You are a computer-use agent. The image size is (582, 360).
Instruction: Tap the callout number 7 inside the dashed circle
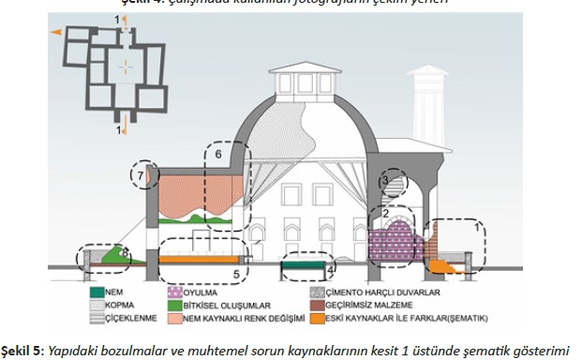pos(141,173)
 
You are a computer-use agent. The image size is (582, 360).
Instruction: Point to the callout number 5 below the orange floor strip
pos(235,274)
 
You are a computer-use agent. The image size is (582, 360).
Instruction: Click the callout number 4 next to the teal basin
pos(330,270)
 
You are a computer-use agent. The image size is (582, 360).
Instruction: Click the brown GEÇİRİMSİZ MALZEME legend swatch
pos(315,304)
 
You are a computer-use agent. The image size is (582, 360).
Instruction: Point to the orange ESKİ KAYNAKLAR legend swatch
pos(315,318)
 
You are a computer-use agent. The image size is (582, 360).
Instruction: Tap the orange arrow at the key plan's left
pos(56,34)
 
